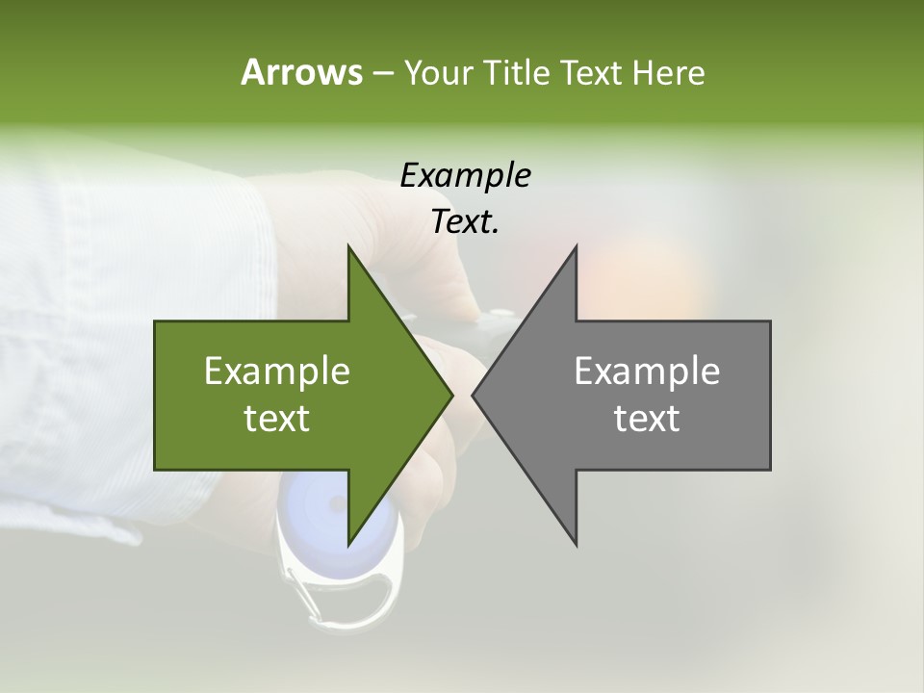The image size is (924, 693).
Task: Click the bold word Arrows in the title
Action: pyautogui.click(x=301, y=72)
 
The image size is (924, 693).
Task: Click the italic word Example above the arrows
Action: pyautogui.click(x=465, y=175)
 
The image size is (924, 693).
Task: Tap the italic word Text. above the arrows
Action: pyautogui.click(x=465, y=221)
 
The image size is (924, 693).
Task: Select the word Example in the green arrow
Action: pyautogui.click(x=277, y=372)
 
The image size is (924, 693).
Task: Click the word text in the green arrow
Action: pyautogui.click(x=277, y=419)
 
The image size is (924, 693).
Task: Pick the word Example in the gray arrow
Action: pyautogui.click(x=647, y=372)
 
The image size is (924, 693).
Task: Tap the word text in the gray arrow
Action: pyautogui.click(x=647, y=419)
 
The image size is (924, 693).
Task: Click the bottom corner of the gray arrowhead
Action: pyautogui.click(x=576, y=544)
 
